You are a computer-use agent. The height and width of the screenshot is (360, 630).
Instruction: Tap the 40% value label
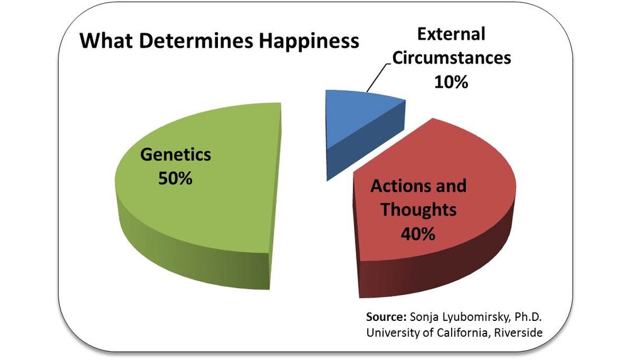[x=417, y=233]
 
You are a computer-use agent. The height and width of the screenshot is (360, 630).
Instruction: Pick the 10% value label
[x=451, y=81]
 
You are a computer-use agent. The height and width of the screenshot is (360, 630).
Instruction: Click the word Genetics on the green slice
[x=175, y=154]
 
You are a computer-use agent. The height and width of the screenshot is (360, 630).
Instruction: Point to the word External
[x=451, y=34]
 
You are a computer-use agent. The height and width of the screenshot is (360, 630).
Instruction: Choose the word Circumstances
[x=451, y=57]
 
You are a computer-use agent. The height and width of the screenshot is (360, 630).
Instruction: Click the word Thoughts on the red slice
[x=417, y=210]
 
